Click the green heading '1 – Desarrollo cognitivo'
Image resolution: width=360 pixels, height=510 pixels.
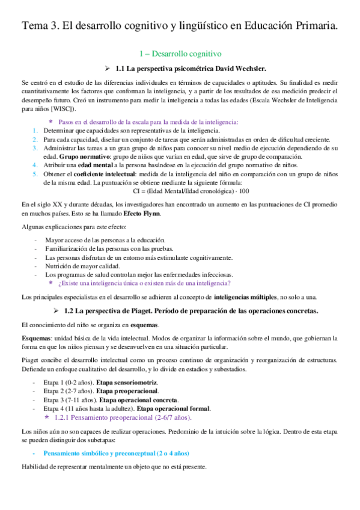180,54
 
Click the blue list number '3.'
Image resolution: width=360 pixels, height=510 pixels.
35,147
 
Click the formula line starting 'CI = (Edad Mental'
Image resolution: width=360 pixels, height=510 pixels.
180,191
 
